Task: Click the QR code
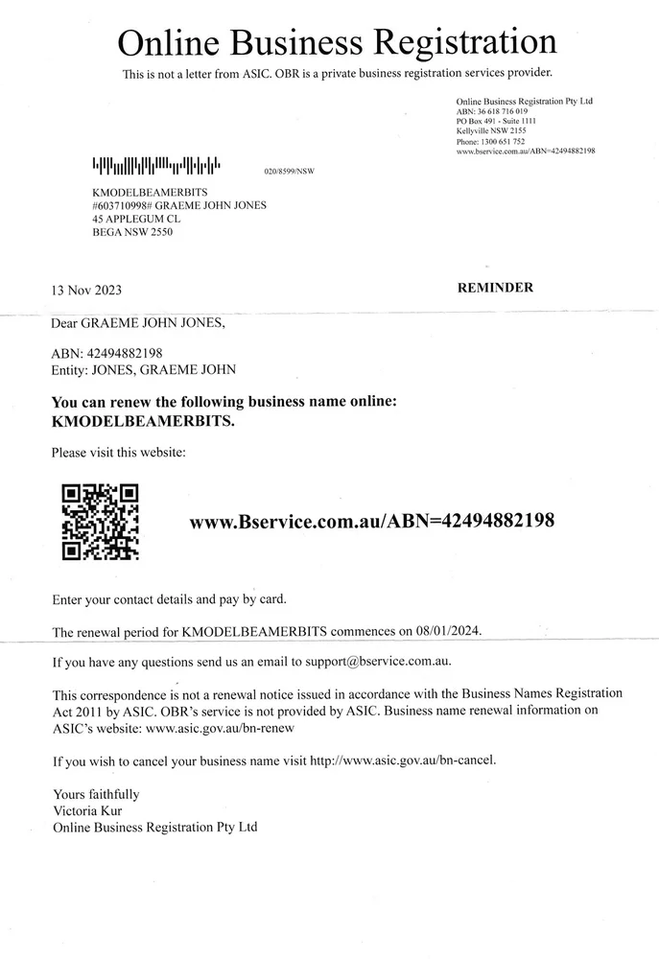[x=100, y=523]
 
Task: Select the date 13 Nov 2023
[x=86, y=291]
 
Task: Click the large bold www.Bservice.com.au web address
[x=372, y=522]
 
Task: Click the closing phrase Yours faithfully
[x=96, y=794]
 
